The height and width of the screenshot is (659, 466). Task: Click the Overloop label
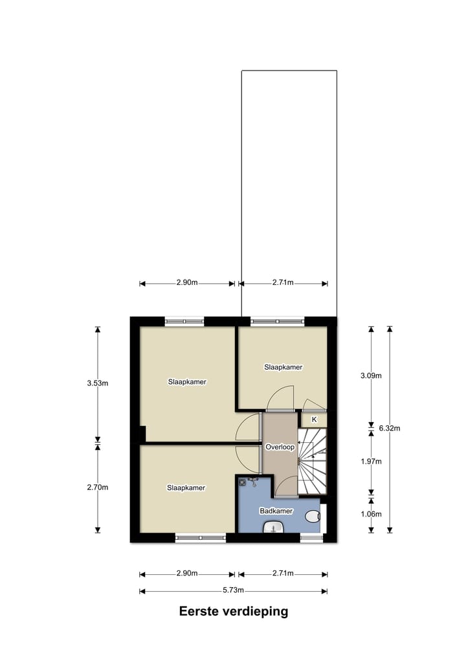click(280, 447)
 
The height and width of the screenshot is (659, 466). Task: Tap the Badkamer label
click(276, 511)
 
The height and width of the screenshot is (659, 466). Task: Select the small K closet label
click(315, 419)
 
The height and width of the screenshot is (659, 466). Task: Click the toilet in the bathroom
click(313, 516)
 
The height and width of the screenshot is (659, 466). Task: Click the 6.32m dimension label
click(390, 428)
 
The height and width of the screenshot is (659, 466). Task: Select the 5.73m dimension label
click(233, 590)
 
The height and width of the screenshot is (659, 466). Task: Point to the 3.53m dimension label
click(98, 383)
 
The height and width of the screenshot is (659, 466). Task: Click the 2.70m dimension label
click(98, 487)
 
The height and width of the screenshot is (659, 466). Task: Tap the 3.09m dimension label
click(371, 375)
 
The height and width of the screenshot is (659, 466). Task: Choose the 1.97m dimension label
click(371, 462)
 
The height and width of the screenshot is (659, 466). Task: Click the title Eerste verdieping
click(233, 611)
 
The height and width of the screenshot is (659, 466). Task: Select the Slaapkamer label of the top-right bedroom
click(283, 367)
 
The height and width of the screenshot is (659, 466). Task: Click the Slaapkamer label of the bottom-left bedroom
click(186, 487)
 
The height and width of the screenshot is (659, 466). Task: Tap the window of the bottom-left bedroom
click(201, 537)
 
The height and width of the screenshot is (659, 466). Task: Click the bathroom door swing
click(285, 486)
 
